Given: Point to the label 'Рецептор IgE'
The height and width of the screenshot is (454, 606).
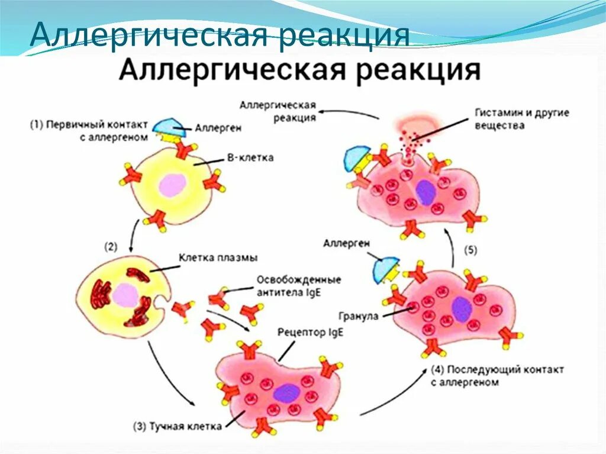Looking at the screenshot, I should point(311,333).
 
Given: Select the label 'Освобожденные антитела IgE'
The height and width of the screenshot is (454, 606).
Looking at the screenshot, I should point(299,284).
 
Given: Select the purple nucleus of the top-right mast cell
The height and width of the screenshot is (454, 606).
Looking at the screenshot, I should point(425,192).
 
